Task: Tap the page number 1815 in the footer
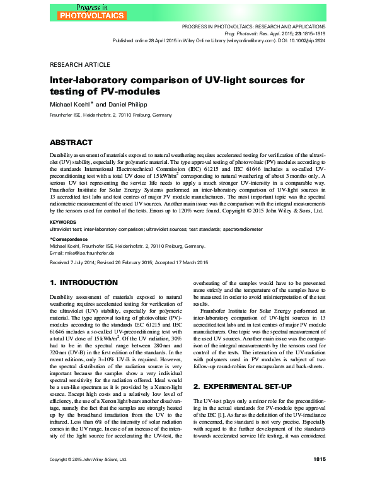tap(319, 479)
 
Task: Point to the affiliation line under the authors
tap(111, 115)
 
